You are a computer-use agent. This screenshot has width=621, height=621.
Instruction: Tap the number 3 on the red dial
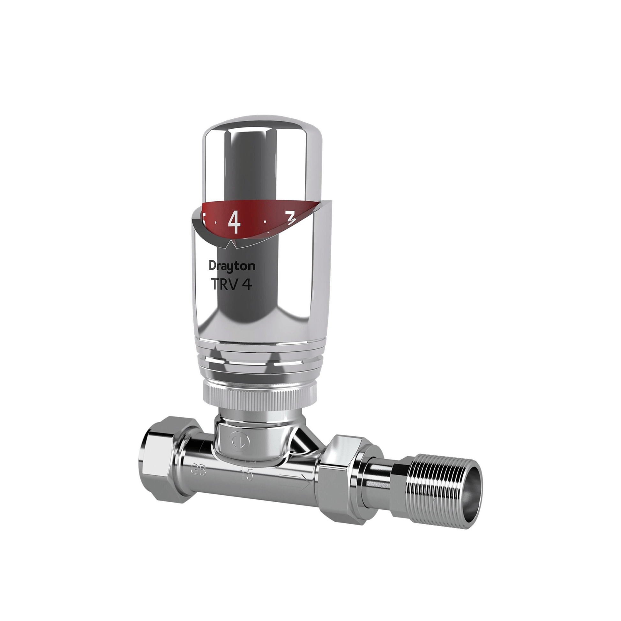point(291,219)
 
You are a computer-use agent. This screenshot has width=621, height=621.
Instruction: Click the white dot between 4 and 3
point(265,221)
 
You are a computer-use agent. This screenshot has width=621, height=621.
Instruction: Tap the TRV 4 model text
point(231,284)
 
